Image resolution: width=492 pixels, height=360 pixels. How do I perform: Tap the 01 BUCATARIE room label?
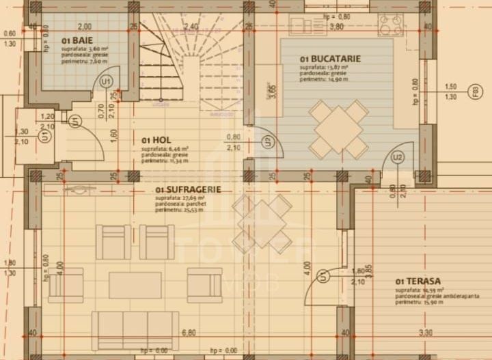click(330, 59)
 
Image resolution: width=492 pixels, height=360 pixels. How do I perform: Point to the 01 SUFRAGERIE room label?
click(188, 189)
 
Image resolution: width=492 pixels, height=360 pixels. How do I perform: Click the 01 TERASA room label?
click(417, 281)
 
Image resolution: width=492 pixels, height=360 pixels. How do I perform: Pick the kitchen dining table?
click(338, 128)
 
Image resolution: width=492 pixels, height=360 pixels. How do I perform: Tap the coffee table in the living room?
click(135, 285)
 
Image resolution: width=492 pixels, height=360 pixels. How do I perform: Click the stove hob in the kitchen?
click(390, 25)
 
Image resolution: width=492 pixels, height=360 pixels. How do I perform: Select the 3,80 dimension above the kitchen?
click(336, 27)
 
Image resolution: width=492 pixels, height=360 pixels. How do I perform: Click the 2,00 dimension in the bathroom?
click(83, 27)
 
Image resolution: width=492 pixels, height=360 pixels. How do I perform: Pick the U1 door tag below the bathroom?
click(106, 81)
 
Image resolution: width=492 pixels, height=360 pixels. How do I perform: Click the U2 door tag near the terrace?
click(398, 157)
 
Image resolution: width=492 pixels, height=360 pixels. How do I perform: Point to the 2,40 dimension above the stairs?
click(191, 27)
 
